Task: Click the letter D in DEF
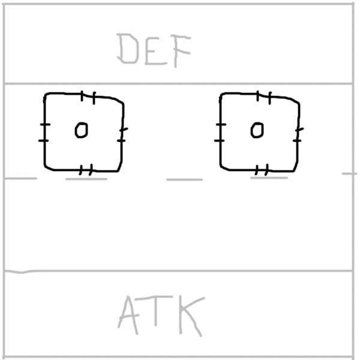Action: (x=128, y=49)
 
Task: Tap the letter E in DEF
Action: (x=154, y=49)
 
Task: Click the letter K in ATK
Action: (x=187, y=315)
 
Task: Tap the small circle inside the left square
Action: (x=81, y=130)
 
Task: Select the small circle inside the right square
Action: (x=257, y=130)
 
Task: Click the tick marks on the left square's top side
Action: (x=88, y=95)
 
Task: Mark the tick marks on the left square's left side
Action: (x=44, y=132)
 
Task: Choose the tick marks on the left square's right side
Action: (x=122, y=134)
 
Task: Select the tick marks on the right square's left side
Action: (x=220, y=132)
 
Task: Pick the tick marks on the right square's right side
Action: (x=299, y=134)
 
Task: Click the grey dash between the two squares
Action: (x=184, y=179)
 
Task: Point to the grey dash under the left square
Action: (x=86, y=178)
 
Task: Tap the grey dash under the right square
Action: (x=269, y=178)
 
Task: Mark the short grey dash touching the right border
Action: (x=349, y=173)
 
